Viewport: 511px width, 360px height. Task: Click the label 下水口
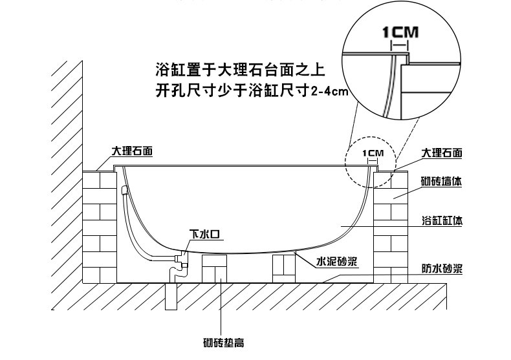coord(204,234)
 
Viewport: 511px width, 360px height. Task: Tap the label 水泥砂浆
coord(336,261)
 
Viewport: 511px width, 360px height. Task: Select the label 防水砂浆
coord(442,269)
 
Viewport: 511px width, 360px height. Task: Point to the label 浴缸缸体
coord(442,220)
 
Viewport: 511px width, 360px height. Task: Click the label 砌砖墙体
coord(441,182)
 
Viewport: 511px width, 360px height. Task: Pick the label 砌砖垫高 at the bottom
coord(224,343)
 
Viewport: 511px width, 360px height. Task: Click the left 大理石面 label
coord(133,151)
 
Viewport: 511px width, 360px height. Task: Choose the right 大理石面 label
coord(442,153)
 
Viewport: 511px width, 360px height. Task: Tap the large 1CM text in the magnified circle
coord(400,32)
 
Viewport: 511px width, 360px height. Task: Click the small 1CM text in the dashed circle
coord(373,153)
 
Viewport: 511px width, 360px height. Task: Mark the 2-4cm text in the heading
coord(329,92)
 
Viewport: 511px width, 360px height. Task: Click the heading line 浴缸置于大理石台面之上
coord(240,70)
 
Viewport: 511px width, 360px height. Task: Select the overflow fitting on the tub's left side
coord(124,190)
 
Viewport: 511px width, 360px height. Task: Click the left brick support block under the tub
coord(215,269)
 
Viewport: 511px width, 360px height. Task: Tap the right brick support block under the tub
coord(284,268)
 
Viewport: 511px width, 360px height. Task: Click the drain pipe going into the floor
coord(171,296)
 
